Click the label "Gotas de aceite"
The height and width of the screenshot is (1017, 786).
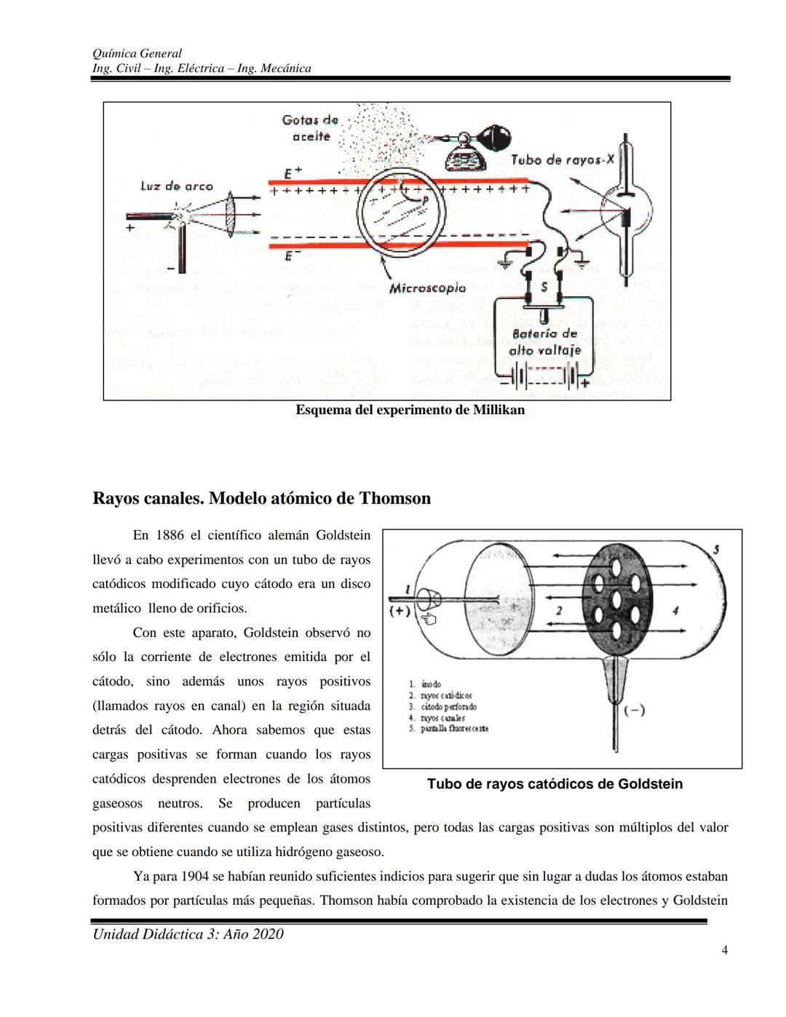[310, 127]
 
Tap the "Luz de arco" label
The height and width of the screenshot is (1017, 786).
[176, 186]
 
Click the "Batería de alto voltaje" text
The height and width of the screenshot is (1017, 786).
[544, 341]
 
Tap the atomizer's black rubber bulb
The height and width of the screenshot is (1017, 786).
[498, 137]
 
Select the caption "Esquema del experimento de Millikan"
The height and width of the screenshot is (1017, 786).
[410, 410]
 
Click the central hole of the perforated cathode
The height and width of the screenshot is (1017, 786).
[616, 600]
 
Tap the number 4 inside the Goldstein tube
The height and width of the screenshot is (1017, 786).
[675, 611]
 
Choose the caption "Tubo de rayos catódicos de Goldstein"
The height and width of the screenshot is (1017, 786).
[555, 784]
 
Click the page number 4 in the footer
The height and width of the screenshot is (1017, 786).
[724, 949]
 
